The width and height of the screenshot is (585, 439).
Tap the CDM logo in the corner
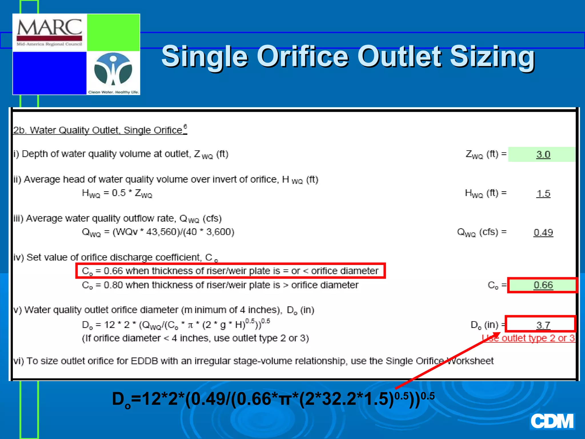[552, 421]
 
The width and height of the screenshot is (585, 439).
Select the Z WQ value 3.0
[543, 154]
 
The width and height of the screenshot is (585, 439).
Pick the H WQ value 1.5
[543, 193]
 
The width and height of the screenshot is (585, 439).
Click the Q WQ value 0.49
[543, 232]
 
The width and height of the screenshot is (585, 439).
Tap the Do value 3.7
[543, 325]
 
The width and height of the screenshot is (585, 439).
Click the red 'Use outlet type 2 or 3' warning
[528, 338]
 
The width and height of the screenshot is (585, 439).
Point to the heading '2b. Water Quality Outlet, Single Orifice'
[100, 130]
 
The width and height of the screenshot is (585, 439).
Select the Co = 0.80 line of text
[220, 285]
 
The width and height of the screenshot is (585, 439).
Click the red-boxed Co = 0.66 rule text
[230, 271]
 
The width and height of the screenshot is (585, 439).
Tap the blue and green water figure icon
[113, 70]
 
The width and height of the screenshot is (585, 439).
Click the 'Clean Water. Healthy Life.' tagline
[113, 92]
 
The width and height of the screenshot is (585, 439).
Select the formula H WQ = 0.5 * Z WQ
[117, 193]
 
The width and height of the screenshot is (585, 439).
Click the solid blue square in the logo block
[49, 73]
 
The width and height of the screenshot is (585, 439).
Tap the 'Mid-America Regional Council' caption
[49, 44]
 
